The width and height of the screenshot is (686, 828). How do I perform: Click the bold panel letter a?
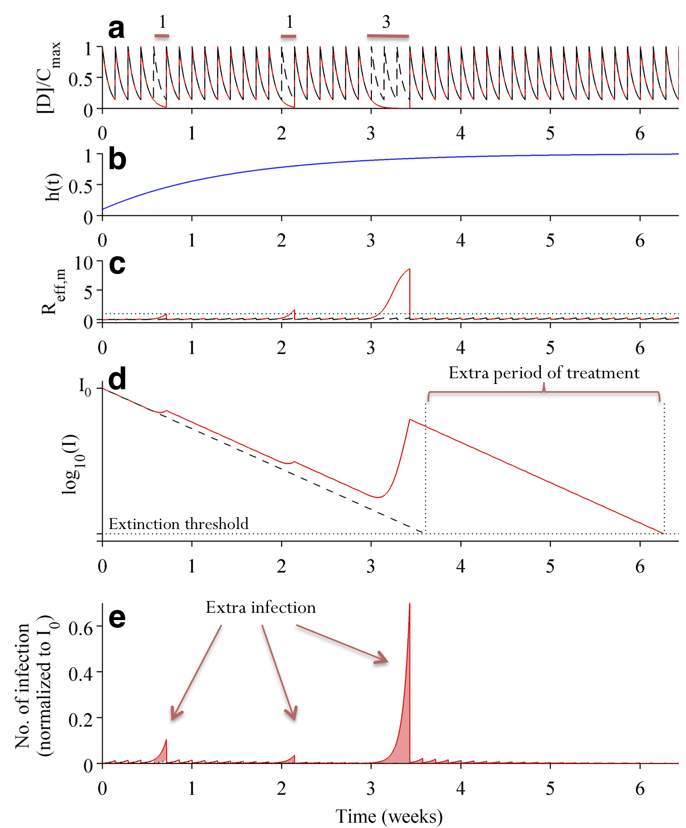(116, 29)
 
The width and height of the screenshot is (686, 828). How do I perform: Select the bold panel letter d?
(117, 379)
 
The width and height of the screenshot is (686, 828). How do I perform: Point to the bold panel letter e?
(117, 617)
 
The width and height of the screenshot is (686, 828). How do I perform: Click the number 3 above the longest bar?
(386, 22)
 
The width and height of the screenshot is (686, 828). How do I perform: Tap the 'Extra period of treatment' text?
(544, 373)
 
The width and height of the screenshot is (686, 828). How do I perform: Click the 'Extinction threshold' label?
(179, 524)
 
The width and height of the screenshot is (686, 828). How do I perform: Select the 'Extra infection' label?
(260, 607)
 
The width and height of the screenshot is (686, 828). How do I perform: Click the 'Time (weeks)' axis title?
(389, 816)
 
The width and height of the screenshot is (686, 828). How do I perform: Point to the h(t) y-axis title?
(53, 187)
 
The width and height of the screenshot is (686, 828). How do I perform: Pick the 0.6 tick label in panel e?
(81, 628)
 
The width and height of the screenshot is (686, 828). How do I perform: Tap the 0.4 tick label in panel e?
(81, 674)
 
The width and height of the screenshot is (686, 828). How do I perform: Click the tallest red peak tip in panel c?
(409, 269)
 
